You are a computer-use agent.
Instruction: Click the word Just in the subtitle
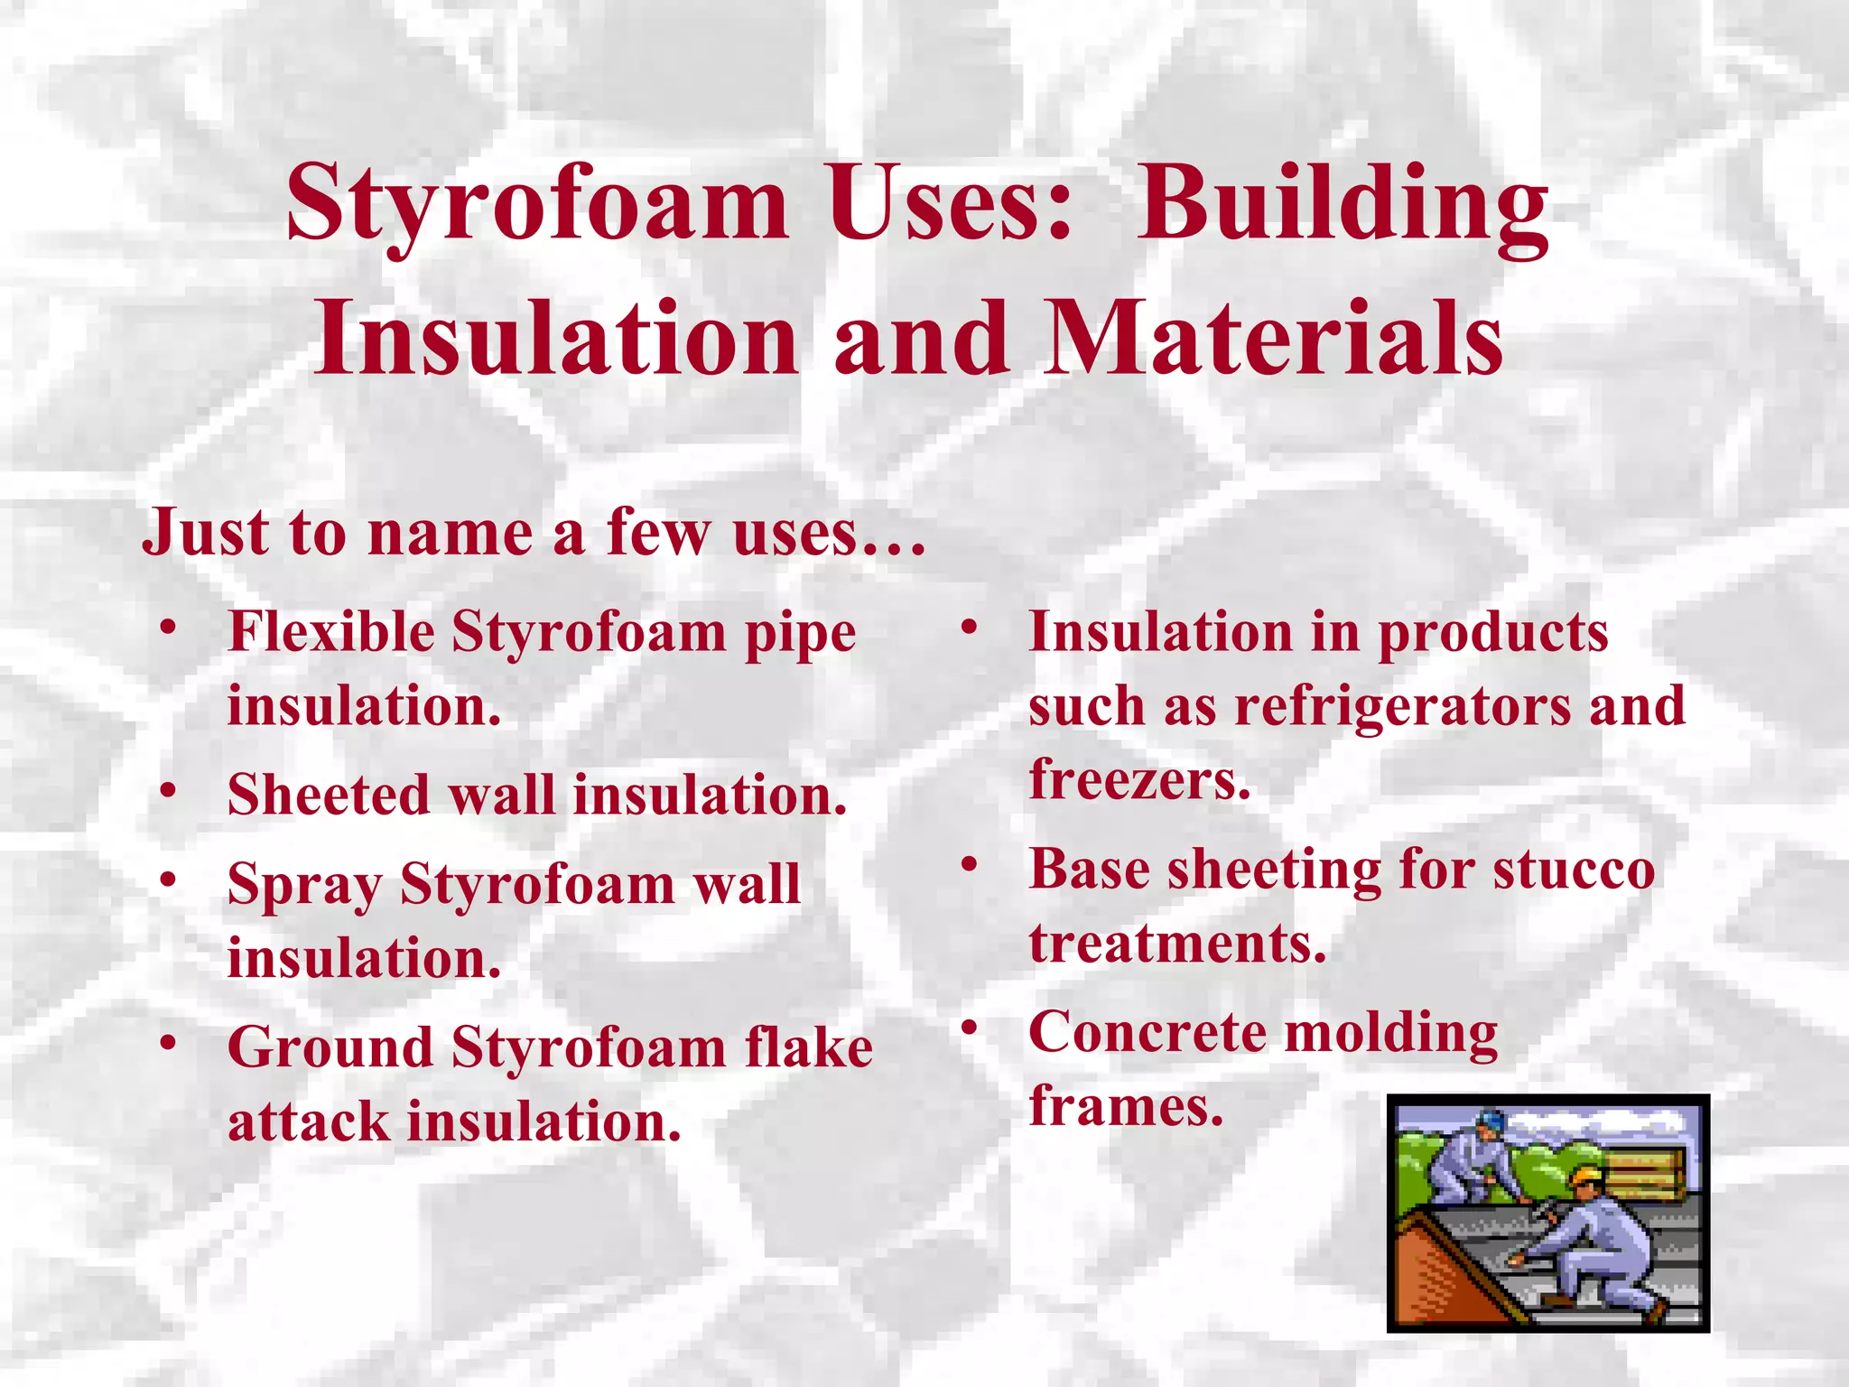pyautogui.click(x=204, y=533)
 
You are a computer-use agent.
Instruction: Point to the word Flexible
pyautogui.click(x=330, y=632)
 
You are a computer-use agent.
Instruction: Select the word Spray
pyautogui.click(x=304, y=885)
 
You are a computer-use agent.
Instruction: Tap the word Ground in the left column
pyautogui.click(x=330, y=1047)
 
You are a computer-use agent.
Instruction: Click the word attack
pyautogui.click(x=308, y=1122)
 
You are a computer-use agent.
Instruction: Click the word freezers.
pyautogui.click(x=1139, y=780)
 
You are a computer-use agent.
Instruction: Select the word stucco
pyautogui.click(x=1574, y=870)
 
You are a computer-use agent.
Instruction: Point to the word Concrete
pyautogui.click(x=1147, y=1033)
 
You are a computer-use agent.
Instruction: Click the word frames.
pyautogui.click(x=1126, y=1107)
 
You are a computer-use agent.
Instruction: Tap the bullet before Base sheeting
pyautogui.click(x=970, y=865)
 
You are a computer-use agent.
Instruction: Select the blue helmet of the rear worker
pyautogui.click(x=1491, y=1121)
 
